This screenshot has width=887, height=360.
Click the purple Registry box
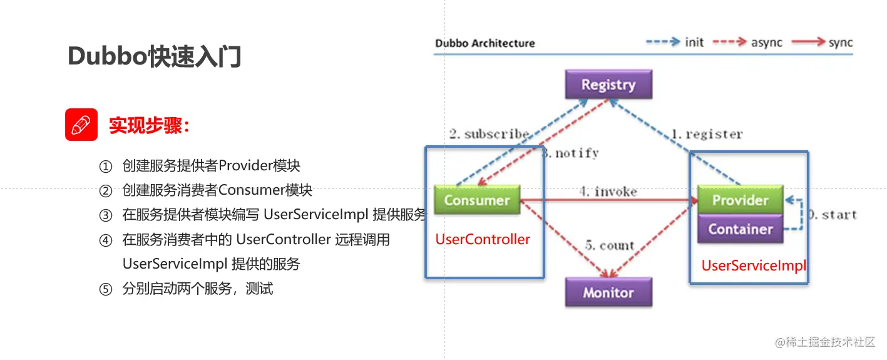pos(608,85)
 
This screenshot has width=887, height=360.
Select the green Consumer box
pos(477,200)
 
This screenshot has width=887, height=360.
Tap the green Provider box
pos(741,200)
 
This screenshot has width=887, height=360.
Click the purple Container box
pos(741,229)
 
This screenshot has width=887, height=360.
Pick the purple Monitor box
pos(608,292)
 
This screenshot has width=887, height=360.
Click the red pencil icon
pos(81,125)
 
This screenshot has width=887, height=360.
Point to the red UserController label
pos(482,239)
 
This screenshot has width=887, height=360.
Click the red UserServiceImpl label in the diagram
pos(754,265)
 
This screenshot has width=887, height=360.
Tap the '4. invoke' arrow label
pos(608,192)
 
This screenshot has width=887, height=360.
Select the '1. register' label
pos(707,134)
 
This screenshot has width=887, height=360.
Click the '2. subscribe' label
pos(489,134)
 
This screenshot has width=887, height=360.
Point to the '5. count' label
pos(610,245)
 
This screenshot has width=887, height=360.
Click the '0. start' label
pos(832,215)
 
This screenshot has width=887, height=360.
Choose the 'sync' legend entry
pos(840,43)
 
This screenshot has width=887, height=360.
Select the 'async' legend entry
pos(767,43)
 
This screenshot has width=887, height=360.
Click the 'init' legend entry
pos(694,42)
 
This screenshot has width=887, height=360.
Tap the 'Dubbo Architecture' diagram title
pos(485,43)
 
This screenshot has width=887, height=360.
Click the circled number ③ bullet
pos(106,215)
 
